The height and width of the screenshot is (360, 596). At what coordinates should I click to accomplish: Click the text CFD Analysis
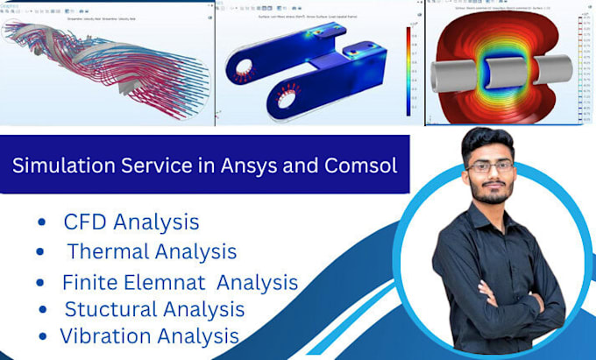pos(131,222)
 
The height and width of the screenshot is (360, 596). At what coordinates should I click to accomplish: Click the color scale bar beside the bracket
pos(408,70)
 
